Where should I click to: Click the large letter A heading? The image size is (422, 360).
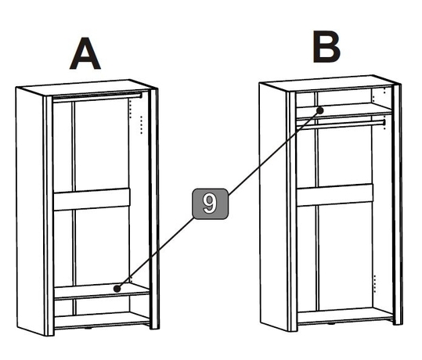coord(85,53)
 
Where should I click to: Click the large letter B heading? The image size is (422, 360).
coord(326,46)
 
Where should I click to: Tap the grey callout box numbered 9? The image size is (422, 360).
coord(210,203)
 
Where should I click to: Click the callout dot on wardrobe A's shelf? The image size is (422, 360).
coord(117,289)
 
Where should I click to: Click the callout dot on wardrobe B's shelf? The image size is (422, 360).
coord(320,110)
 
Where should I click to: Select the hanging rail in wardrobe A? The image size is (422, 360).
coord(97,97)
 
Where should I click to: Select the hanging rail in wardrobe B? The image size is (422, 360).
coord(341,124)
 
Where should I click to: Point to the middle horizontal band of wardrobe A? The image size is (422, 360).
coord(92,200)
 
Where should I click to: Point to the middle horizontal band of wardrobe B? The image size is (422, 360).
coord(335,196)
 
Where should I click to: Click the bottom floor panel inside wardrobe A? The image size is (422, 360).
coord(102,319)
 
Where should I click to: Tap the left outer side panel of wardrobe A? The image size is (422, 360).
coord(30,211)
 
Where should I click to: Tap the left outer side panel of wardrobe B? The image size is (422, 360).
coord(273,207)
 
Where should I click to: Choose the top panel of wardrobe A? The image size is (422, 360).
coord(85,87)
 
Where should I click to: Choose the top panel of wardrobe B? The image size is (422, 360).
coord(329,83)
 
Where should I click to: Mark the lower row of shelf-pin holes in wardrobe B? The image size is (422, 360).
coord(375,283)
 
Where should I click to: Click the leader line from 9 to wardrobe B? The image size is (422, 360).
coord(274,152)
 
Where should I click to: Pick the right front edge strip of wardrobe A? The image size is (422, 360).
coord(154,208)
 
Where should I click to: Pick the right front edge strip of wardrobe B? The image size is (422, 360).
coord(398,204)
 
